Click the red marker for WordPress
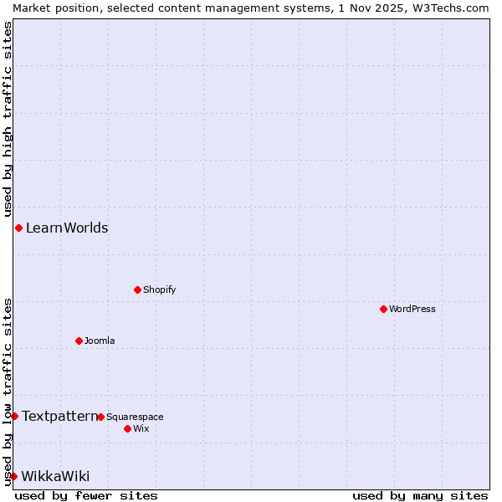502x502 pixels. (383, 309)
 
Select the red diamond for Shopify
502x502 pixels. (137, 289)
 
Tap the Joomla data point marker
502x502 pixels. (79, 341)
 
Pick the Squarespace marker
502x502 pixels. (100, 417)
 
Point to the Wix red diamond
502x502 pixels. (127, 428)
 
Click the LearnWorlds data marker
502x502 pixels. (18, 228)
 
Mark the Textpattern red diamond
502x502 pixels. (14, 416)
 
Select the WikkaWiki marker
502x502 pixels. (13, 476)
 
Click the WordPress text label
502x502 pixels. (412, 309)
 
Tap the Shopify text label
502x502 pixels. (159, 289)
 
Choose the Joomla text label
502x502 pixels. (100, 341)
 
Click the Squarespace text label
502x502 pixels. (135, 417)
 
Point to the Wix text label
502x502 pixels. (141, 428)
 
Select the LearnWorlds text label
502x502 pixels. (67, 228)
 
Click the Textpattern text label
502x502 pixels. (59, 416)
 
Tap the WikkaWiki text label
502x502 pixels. (55, 476)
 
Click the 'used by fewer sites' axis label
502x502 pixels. (86, 495)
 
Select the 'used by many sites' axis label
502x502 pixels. (420, 495)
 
